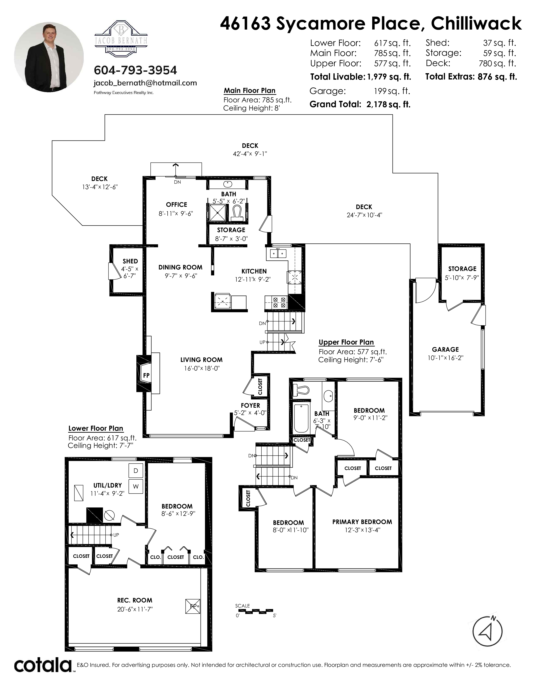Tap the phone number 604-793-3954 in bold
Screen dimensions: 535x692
(x=135, y=70)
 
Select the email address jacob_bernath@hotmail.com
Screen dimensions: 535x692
(x=145, y=83)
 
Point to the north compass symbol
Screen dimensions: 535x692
(x=487, y=631)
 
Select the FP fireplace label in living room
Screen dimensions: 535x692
(x=146, y=375)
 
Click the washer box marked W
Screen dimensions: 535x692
(x=136, y=486)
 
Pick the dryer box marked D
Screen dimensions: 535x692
(x=136, y=471)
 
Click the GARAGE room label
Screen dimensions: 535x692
(x=445, y=350)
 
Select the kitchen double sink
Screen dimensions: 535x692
(x=278, y=254)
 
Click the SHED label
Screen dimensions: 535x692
(x=130, y=261)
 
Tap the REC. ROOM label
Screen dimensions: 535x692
(x=135, y=600)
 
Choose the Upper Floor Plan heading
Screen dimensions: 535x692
(x=346, y=342)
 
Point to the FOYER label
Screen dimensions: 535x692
(x=250, y=405)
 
